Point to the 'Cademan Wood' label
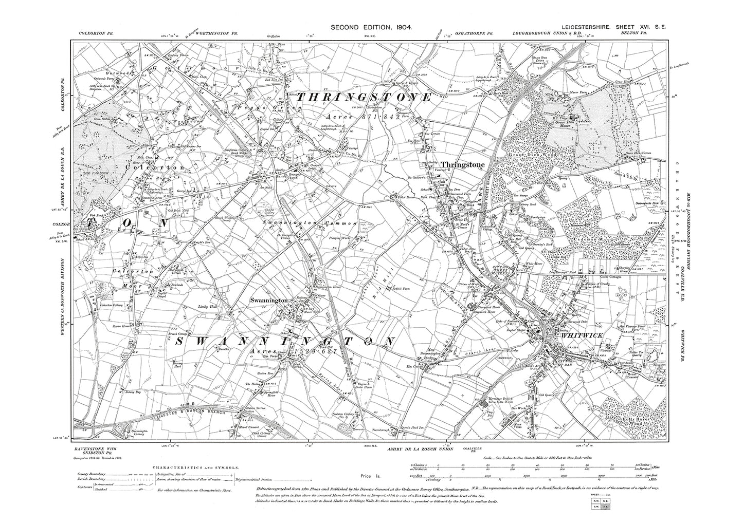coord(591,239)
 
